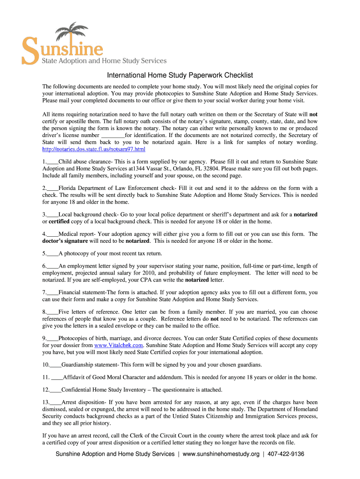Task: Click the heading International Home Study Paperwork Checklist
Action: click(x=180, y=75)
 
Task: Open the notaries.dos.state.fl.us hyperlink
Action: click(x=94, y=149)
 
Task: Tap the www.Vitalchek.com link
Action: click(x=118, y=345)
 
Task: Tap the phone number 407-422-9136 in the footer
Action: click(x=286, y=454)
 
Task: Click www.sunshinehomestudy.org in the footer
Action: click(x=221, y=454)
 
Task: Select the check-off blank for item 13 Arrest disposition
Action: click(x=56, y=402)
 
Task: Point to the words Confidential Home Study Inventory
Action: click(x=104, y=389)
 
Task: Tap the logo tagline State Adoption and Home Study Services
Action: click(x=104, y=61)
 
